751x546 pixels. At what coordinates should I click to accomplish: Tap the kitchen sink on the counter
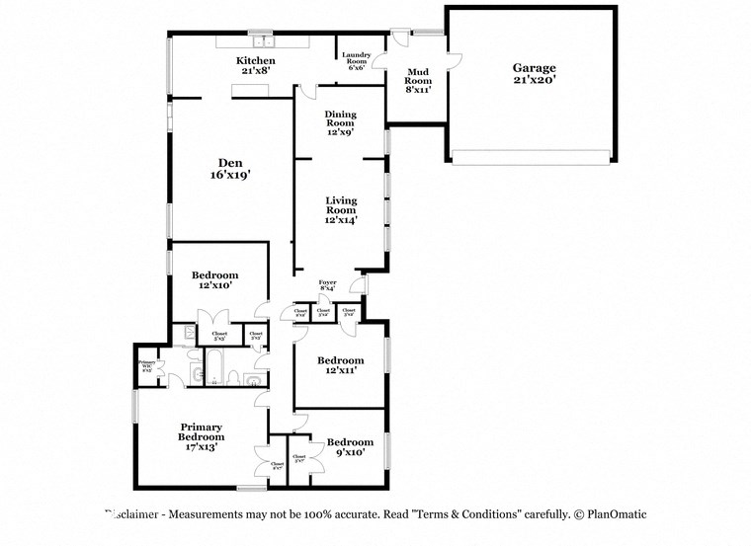click(x=262, y=42)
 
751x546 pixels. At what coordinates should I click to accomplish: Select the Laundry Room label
click(x=356, y=61)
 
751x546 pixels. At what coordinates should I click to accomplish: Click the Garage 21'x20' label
click(x=533, y=73)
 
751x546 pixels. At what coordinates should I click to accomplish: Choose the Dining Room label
click(x=340, y=122)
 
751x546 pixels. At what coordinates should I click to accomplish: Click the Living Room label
click(x=341, y=209)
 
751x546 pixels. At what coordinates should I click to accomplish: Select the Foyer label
click(x=327, y=286)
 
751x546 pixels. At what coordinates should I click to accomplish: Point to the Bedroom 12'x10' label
click(x=215, y=280)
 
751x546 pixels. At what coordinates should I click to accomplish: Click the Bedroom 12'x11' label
click(x=340, y=365)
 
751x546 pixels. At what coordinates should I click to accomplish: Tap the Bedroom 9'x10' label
click(x=350, y=446)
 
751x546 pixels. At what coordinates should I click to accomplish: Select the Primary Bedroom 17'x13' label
click(x=201, y=436)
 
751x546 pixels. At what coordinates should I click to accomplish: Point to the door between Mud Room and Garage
click(x=451, y=57)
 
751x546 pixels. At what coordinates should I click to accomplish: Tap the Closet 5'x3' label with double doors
click(x=218, y=336)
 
